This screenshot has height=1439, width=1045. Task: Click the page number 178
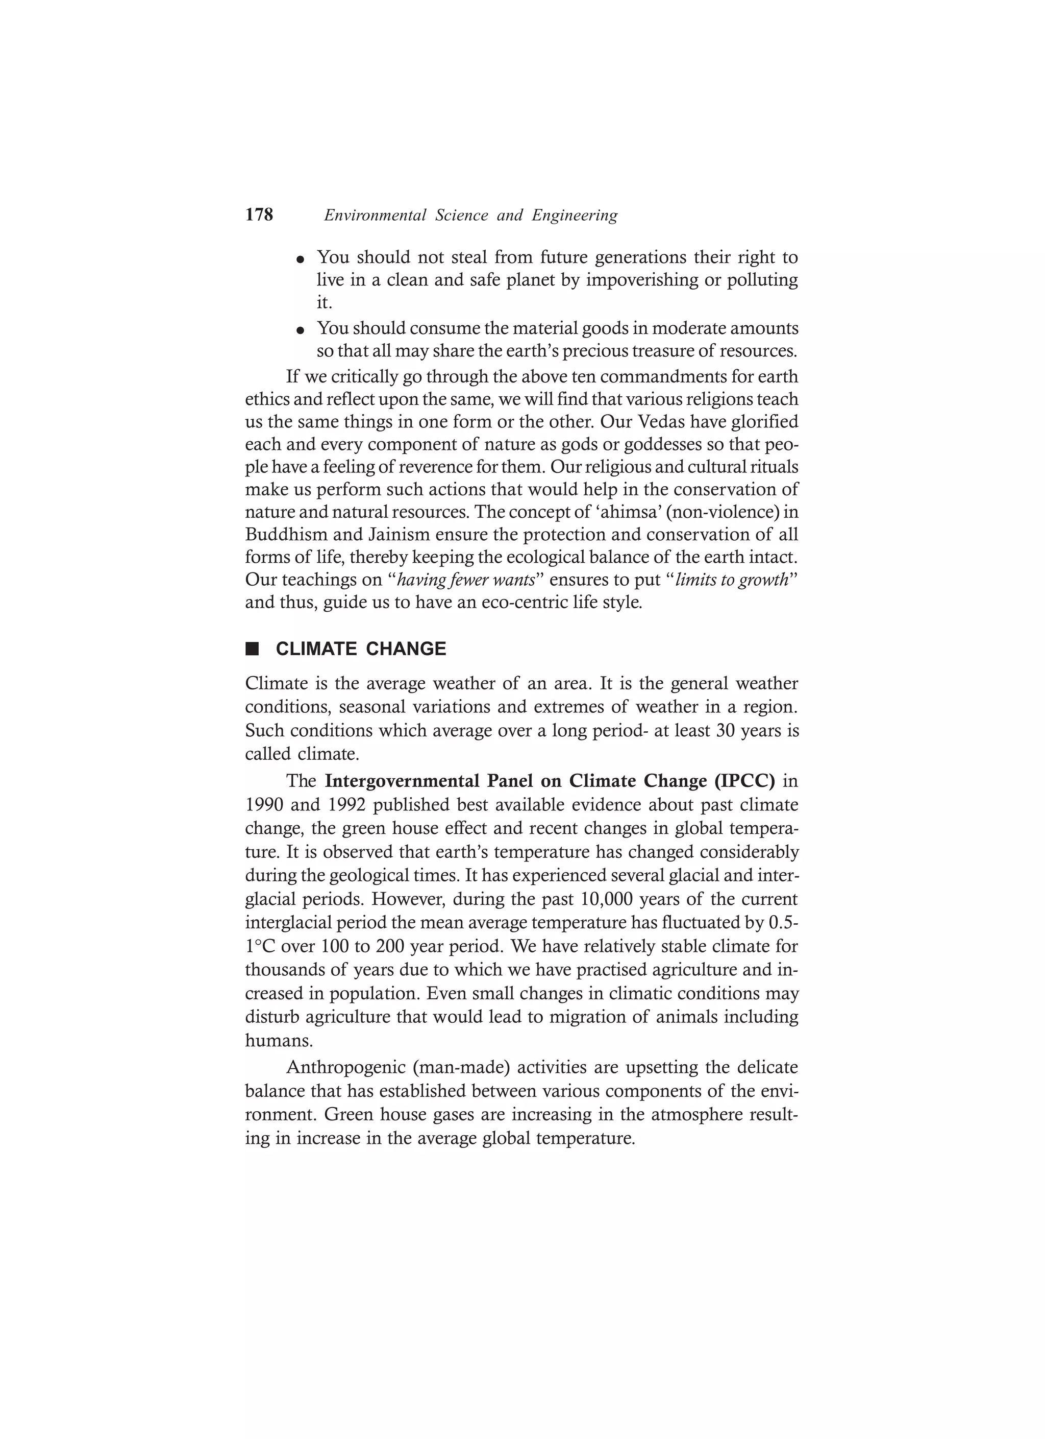[259, 215]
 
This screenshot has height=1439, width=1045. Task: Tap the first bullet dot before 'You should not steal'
[301, 259]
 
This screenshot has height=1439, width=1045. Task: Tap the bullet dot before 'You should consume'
[301, 330]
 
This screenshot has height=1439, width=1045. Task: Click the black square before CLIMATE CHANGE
[253, 649]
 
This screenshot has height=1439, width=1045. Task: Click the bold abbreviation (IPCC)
[744, 781]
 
